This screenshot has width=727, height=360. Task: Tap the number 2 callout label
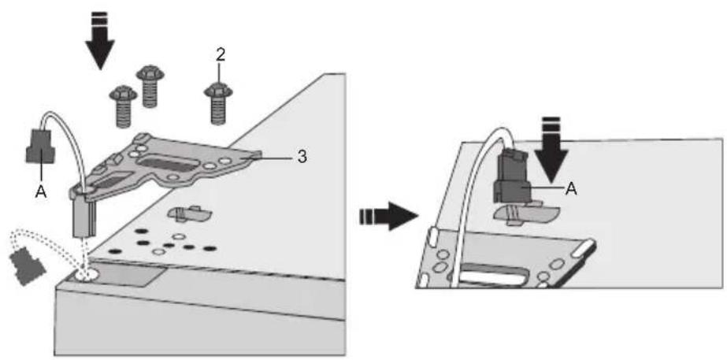pos(220,55)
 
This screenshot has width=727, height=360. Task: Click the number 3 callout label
pos(302,157)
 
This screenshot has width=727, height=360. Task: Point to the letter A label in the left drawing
pos(41,192)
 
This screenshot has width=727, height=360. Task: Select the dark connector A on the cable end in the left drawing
pos(41,147)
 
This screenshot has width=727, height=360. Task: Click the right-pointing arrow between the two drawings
pos(388,216)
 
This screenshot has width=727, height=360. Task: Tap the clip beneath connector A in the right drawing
pos(527,213)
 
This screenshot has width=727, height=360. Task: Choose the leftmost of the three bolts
pos(123,106)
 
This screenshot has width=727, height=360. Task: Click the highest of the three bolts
pos(150,87)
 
